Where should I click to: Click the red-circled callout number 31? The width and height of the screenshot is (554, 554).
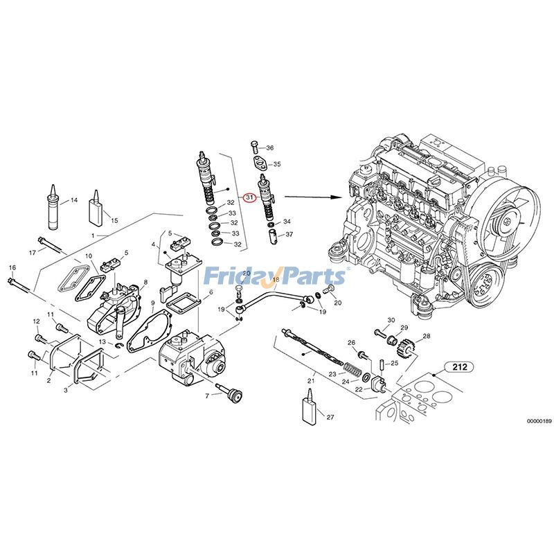point(250,196)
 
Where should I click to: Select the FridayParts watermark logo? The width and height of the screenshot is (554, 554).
point(277,276)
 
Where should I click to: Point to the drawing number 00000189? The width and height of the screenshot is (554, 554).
point(538,421)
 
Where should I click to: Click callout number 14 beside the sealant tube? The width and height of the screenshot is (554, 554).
point(73,201)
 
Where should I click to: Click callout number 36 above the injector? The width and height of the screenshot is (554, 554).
point(270,148)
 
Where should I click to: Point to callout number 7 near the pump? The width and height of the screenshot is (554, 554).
point(206,395)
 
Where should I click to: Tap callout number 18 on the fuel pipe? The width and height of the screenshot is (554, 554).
point(276,280)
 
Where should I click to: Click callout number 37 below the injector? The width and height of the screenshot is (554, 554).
point(289,235)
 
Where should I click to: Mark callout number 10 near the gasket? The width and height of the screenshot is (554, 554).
point(89,256)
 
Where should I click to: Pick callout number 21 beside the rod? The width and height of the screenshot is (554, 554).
point(311,380)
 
